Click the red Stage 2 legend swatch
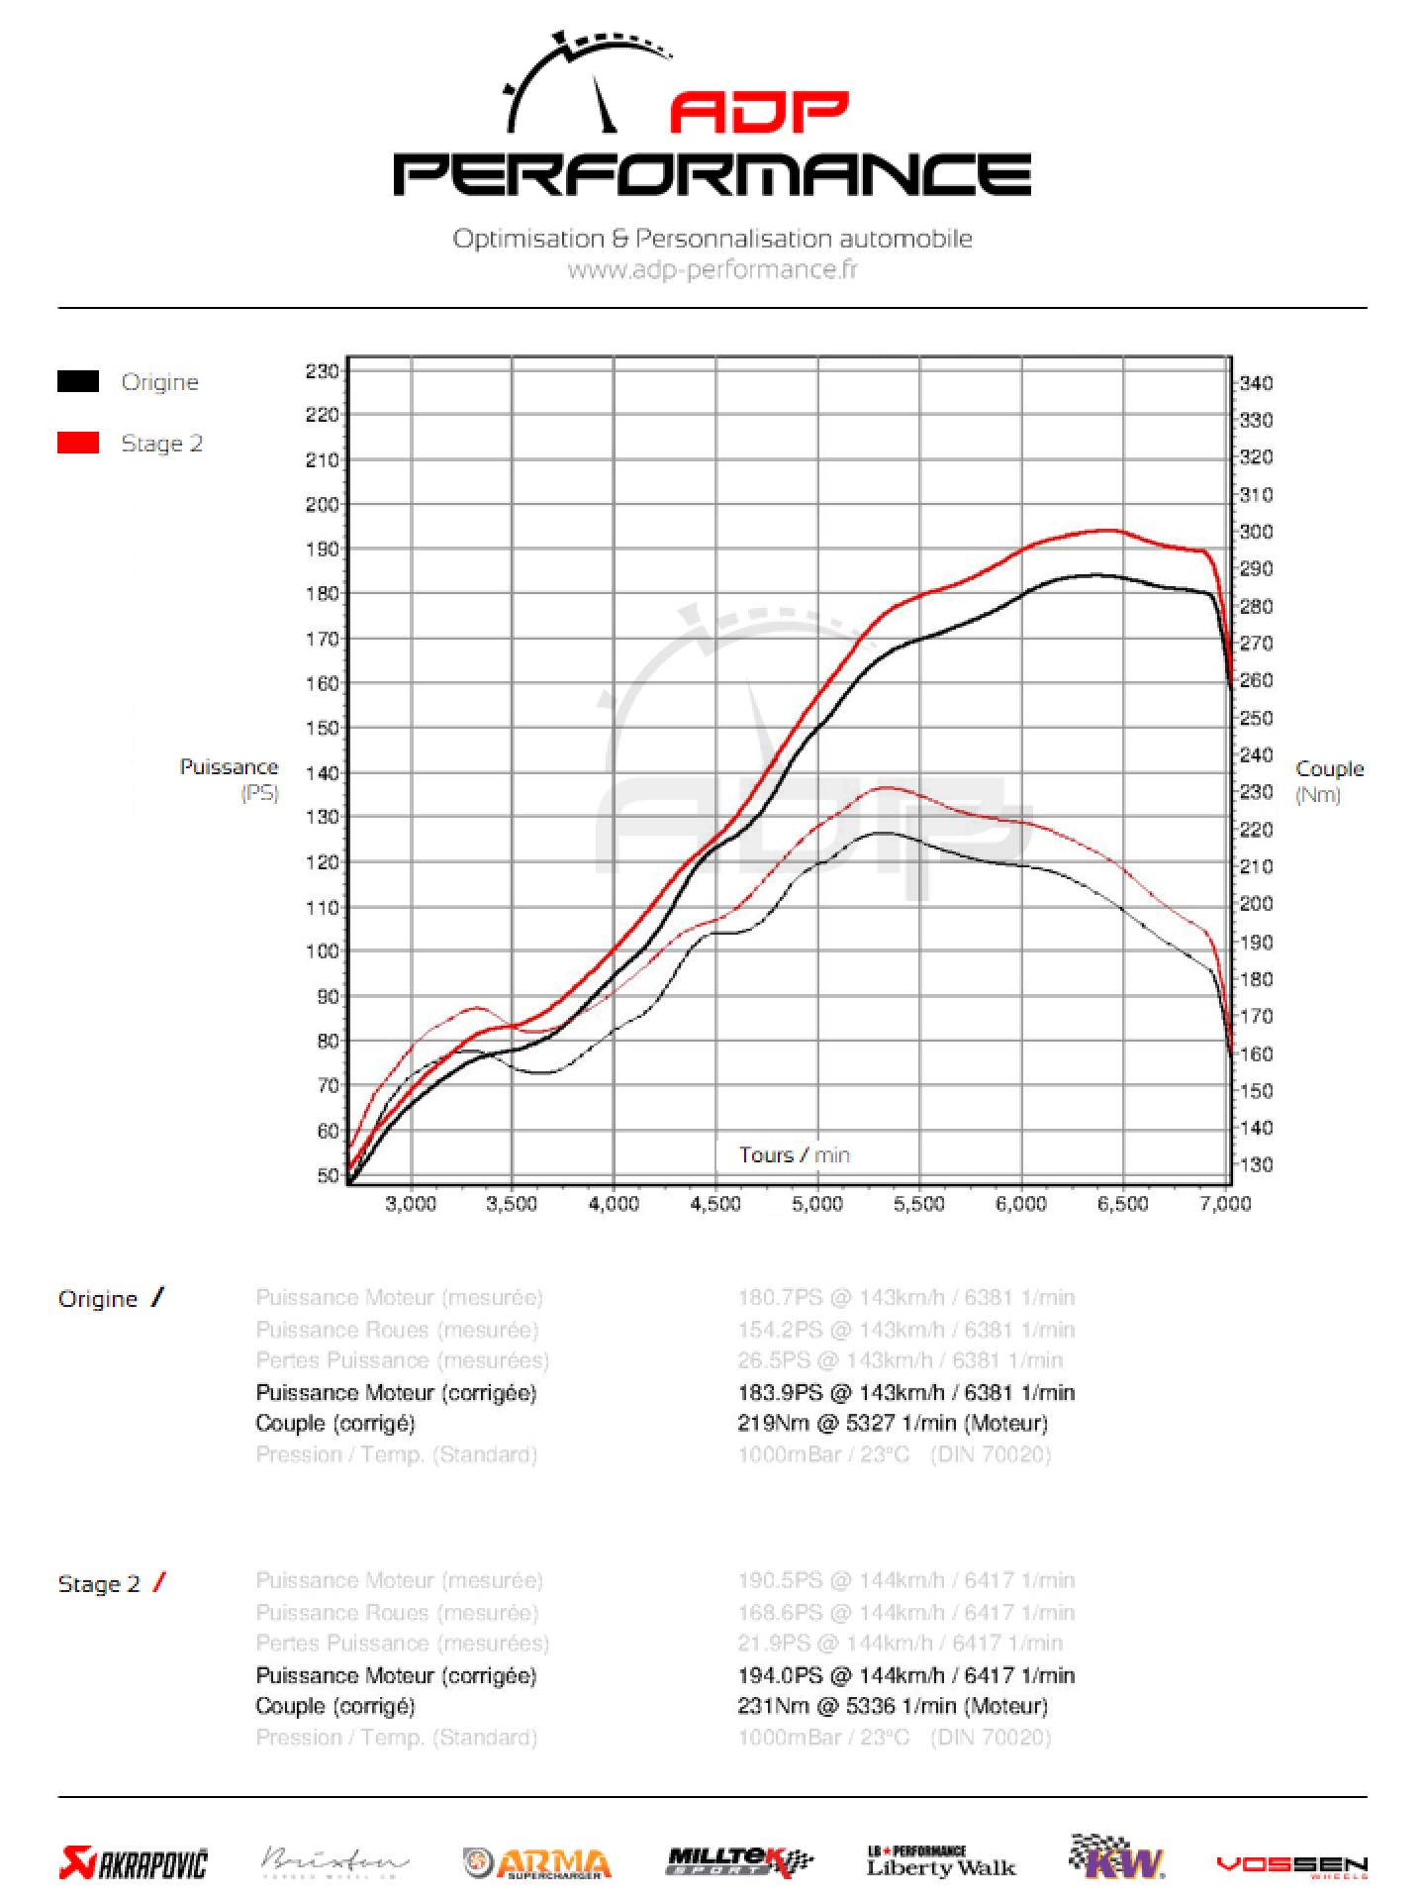[x=78, y=443]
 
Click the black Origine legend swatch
[x=78, y=381]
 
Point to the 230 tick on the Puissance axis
[x=322, y=371]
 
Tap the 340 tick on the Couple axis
[x=1257, y=383]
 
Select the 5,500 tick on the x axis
[x=919, y=1204]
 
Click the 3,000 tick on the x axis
[x=411, y=1204]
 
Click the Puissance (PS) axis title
[x=230, y=779]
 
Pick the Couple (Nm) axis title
[x=1329, y=781]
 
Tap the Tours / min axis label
[x=794, y=1154]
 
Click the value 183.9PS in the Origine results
[x=780, y=1392]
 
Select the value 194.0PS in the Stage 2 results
[x=780, y=1675]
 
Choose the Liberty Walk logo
[x=941, y=1862]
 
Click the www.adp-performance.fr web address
[x=712, y=269]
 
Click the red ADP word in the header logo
[x=759, y=113]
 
